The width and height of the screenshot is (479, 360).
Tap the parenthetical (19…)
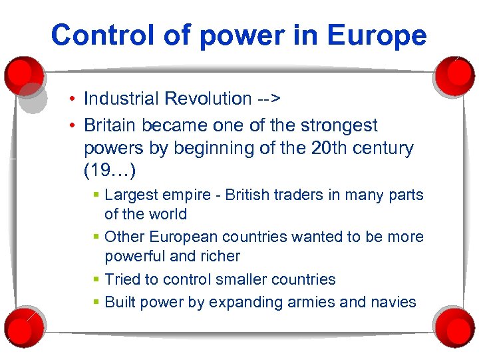tap(110, 171)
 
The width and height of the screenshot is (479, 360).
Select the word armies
tap(307, 302)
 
